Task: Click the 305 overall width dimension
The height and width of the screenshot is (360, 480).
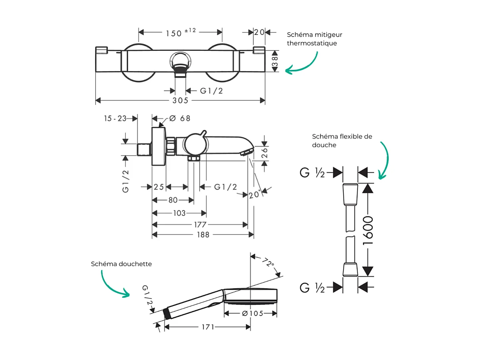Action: click(x=180, y=101)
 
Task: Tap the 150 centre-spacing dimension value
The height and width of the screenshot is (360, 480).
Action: click(x=174, y=33)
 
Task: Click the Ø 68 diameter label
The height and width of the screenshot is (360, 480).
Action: click(x=180, y=118)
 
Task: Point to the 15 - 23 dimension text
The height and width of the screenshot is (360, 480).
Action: click(x=115, y=118)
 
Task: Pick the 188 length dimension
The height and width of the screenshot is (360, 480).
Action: click(x=203, y=235)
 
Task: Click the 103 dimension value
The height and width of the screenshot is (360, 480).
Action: click(x=179, y=213)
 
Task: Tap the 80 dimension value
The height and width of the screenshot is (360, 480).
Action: click(x=173, y=200)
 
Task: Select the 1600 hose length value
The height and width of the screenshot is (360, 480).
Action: click(x=369, y=230)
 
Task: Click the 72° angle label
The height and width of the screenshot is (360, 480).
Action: click(x=268, y=262)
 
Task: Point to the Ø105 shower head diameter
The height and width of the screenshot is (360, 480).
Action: click(x=252, y=313)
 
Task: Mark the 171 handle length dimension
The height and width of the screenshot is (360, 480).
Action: click(x=207, y=327)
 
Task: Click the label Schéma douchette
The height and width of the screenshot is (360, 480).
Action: click(x=121, y=264)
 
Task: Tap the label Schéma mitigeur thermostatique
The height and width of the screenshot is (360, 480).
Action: click(x=314, y=39)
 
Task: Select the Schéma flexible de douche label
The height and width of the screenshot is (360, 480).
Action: click(x=342, y=141)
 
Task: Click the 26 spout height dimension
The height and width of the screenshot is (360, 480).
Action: click(x=265, y=153)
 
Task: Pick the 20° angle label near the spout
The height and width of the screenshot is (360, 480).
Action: click(x=255, y=195)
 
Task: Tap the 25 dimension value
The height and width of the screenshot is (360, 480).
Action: click(x=159, y=187)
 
